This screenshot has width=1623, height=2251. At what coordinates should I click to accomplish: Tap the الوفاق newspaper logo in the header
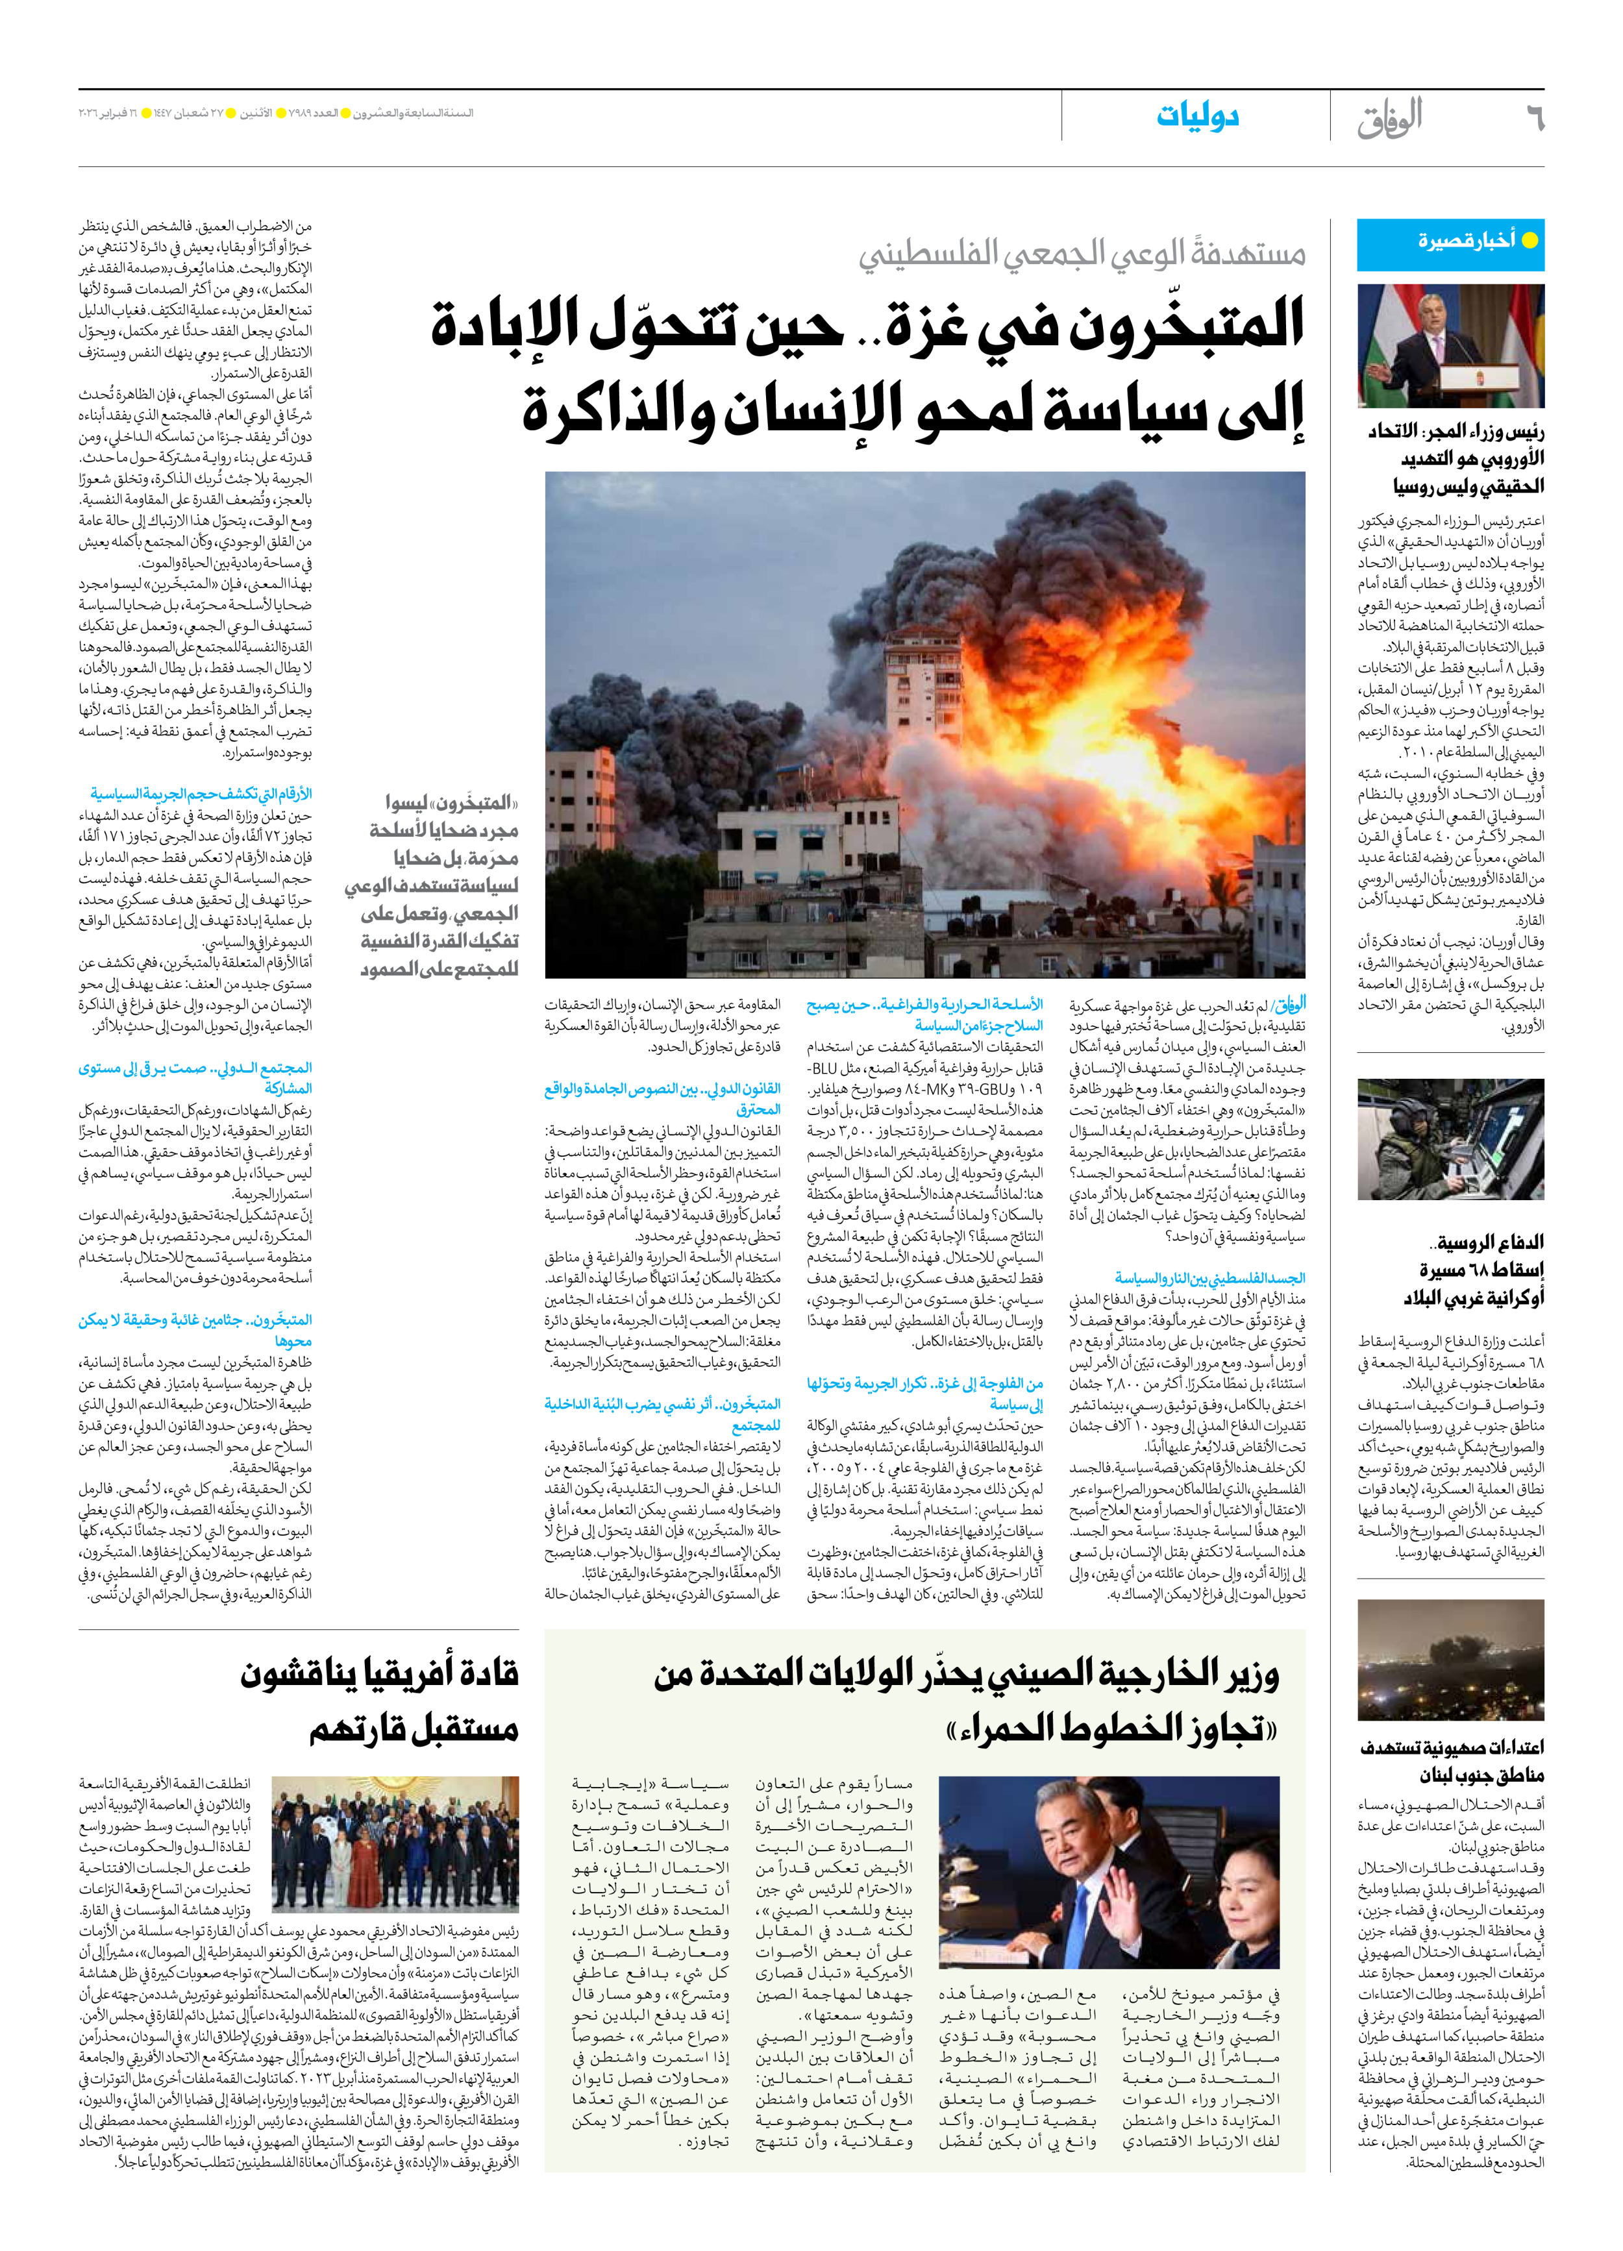pyautogui.click(x=1390, y=119)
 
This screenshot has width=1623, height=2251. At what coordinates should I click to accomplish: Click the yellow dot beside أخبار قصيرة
pyautogui.click(x=1530, y=240)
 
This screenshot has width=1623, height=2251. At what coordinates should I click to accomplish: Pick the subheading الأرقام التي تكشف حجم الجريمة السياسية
pyautogui.click(x=201, y=794)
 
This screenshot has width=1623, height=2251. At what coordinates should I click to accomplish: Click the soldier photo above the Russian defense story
pyautogui.click(x=1450, y=1139)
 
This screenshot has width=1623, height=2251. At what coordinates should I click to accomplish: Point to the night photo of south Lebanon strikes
pyautogui.click(x=1450, y=1660)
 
